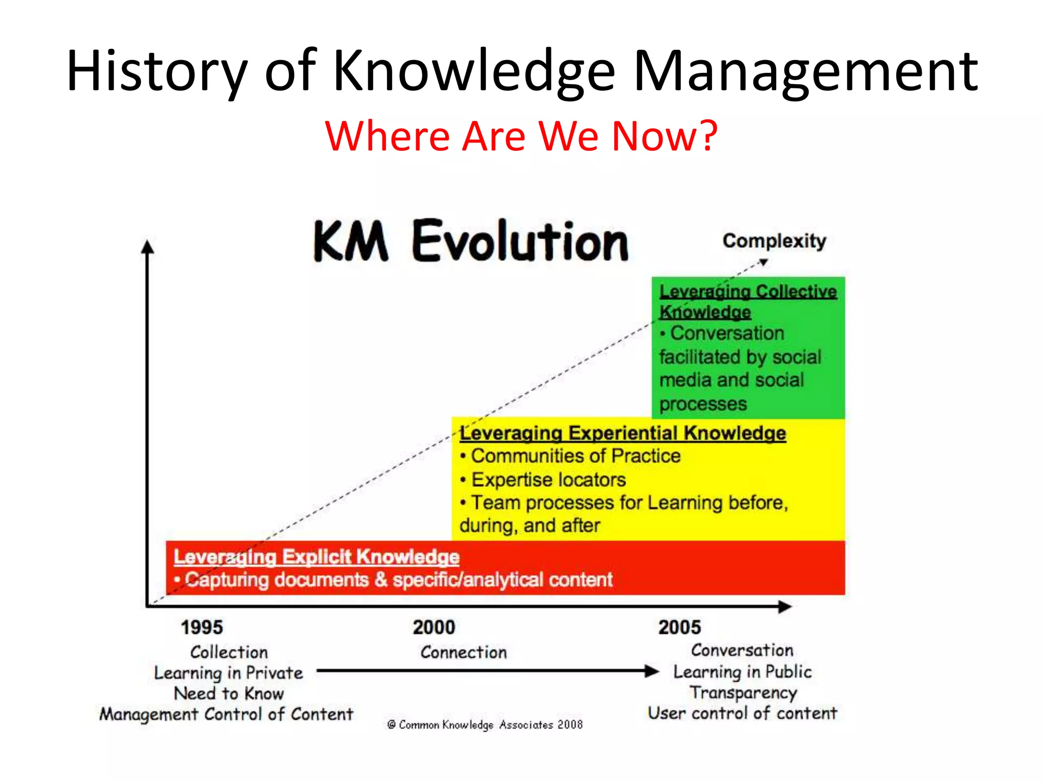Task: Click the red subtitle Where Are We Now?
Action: click(521, 136)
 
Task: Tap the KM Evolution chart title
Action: click(471, 241)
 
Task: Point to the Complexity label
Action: click(774, 241)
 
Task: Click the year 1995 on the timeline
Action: click(202, 627)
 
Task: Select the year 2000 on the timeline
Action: click(434, 627)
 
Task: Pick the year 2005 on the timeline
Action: click(679, 627)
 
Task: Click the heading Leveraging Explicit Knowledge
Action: click(316, 557)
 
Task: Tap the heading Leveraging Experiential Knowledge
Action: click(622, 433)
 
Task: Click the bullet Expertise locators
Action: click(548, 480)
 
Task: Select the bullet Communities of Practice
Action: click(575, 456)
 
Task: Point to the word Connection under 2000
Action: click(463, 652)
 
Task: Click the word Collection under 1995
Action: click(229, 652)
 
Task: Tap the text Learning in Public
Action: click(743, 672)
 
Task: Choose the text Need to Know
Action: click(229, 693)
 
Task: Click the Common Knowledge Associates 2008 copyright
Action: click(485, 724)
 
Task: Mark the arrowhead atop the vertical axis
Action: click(148, 247)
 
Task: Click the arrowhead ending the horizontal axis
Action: click(785, 606)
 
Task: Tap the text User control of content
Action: click(743, 713)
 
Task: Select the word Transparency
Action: click(744, 693)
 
